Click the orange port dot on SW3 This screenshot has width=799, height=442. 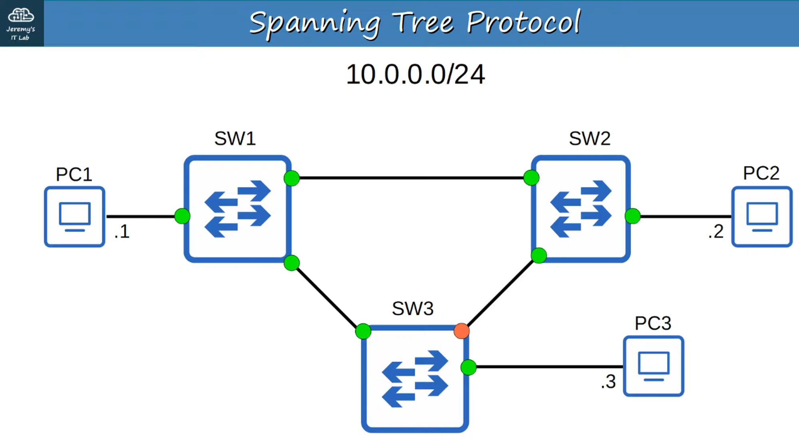[x=461, y=331]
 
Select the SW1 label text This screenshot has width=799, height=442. [x=235, y=139]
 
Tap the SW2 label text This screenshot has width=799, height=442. [x=590, y=139]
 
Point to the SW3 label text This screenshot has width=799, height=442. [x=413, y=309]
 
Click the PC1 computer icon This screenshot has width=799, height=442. [x=75, y=217]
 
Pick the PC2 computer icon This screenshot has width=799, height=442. [x=762, y=217]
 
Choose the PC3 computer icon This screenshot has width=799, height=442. [x=654, y=366]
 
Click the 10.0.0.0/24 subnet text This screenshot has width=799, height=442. [x=415, y=74]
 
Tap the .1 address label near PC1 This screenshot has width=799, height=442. [x=122, y=231]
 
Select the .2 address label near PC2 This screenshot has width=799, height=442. [x=716, y=231]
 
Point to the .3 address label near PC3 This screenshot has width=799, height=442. [x=608, y=382]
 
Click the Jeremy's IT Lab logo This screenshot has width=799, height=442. [x=21, y=23]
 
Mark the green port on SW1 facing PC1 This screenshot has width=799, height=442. [x=182, y=216]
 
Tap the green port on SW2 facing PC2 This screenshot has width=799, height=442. [x=633, y=216]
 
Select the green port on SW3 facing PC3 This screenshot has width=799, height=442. [x=468, y=367]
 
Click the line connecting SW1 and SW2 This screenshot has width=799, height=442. [x=411, y=178]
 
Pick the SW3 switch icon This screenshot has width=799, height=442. [x=415, y=379]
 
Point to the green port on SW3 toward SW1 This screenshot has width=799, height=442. [x=363, y=331]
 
